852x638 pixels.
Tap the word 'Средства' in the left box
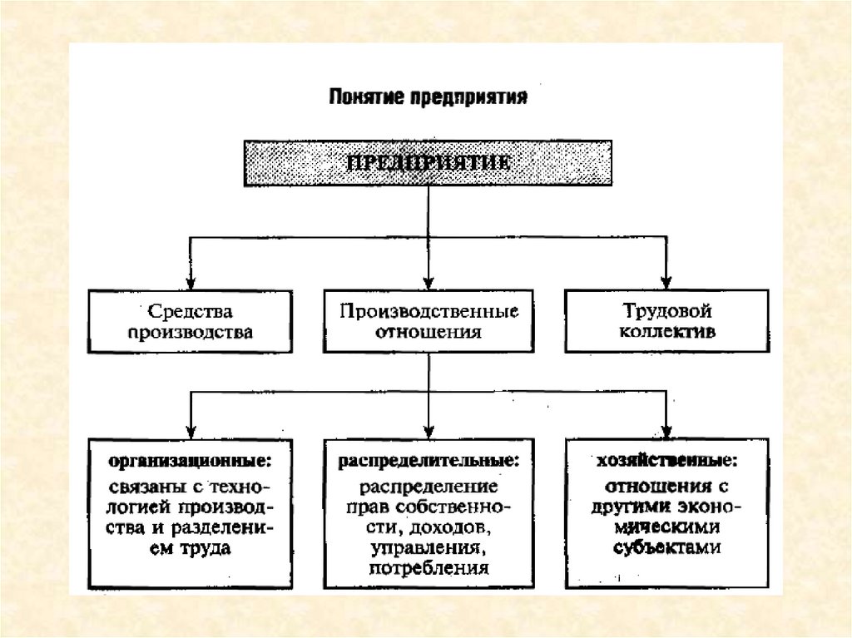(191, 312)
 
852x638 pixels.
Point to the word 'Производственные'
(428, 312)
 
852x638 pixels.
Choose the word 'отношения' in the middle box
(428, 332)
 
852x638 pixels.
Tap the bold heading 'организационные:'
(192, 459)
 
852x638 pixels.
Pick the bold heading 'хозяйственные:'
(666, 459)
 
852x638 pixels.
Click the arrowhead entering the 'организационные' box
(191, 431)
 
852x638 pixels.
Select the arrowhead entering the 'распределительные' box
(428, 431)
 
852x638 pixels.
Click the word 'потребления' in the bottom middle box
(428, 570)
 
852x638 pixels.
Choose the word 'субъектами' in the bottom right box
(666, 548)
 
